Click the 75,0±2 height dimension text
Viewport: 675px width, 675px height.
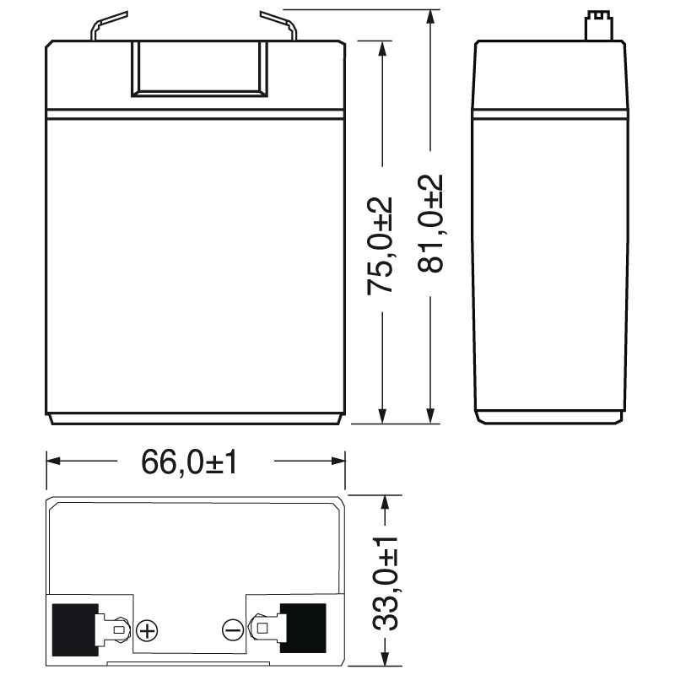point(381,245)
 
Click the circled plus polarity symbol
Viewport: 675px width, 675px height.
point(147,629)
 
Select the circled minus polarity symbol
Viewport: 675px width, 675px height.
point(232,629)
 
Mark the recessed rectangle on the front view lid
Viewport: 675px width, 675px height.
point(199,67)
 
